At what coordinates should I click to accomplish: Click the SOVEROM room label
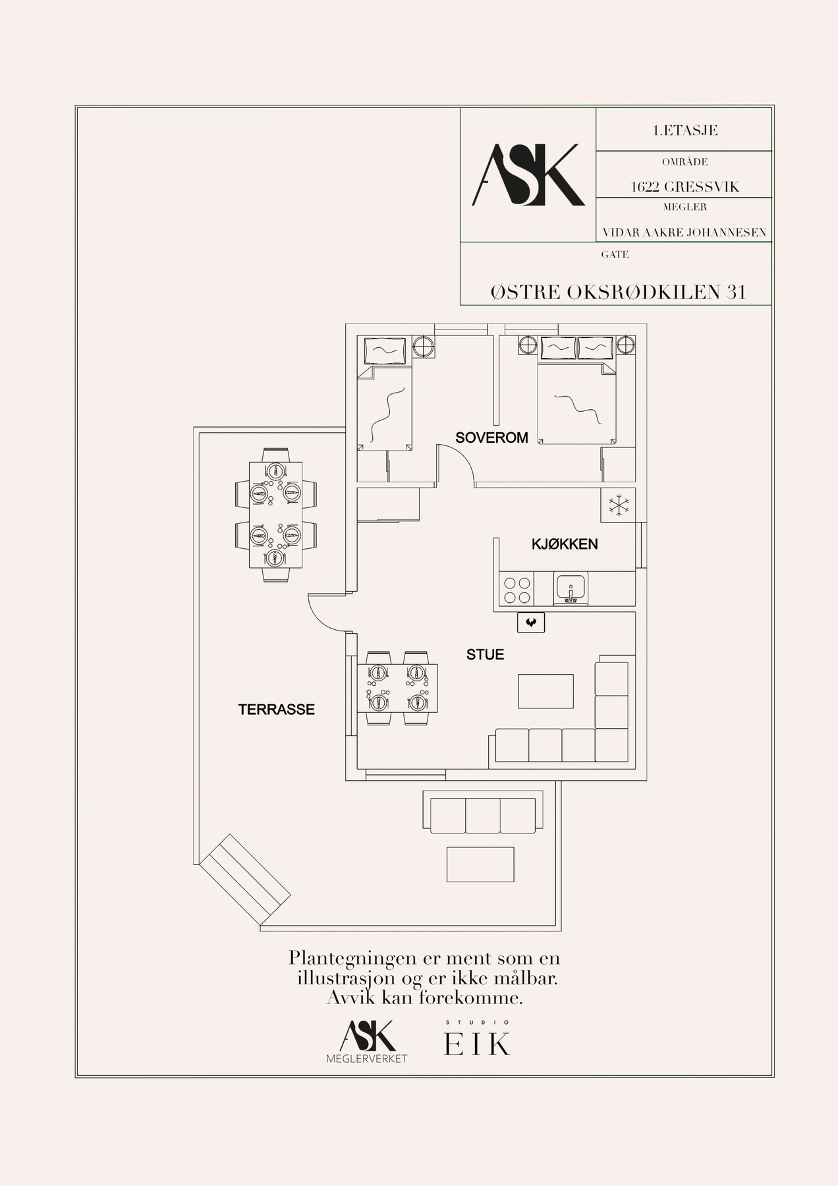click(491, 438)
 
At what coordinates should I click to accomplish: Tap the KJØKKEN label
click(565, 544)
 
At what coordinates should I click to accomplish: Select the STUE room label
click(485, 654)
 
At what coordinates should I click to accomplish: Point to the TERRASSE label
click(277, 710)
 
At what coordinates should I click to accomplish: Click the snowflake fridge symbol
click(618, 505)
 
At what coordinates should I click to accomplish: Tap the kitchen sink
click(570, 588)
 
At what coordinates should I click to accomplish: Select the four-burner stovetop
click(517, 588)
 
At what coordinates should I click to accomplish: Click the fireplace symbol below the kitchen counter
click(531, 622)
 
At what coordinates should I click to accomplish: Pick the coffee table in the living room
click(545, 691)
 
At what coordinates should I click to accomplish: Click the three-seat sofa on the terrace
click(482, 812)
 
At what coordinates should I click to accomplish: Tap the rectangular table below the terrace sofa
click(480, 864)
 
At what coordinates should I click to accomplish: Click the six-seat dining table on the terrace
click(275, 515)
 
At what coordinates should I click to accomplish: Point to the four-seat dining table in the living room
click(397, 689)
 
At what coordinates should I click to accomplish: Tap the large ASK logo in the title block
click(528, 175)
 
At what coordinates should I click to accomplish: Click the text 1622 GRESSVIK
click(685, 186)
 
